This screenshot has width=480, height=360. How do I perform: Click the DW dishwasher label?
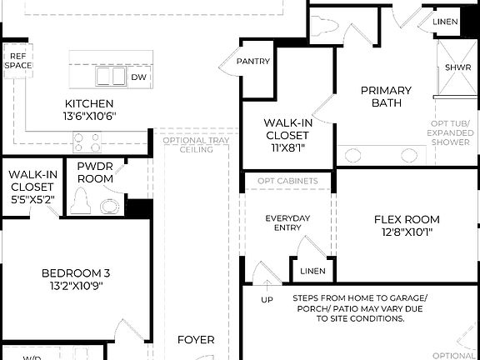[x=139, y=76]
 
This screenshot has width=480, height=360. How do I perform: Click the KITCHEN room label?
[x=89, y=104]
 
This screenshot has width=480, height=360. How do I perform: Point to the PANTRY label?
[x=252, y=61]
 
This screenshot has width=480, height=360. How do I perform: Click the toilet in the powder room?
[x=81, y=200]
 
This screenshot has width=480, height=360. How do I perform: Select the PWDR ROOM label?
[x=95, y=172]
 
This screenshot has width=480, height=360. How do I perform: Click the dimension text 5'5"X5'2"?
[x=32, y=200]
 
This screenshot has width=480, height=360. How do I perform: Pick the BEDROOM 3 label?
[x=76, y=272]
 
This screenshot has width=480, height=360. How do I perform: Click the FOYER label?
[x=196, y=340]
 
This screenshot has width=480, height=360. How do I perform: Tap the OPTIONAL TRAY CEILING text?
[x=195, y=145]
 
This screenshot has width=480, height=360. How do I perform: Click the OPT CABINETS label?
[x=287, y=181]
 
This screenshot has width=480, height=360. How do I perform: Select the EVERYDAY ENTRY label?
[x=287, y=223]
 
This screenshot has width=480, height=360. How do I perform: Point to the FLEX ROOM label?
[x=407, y=220]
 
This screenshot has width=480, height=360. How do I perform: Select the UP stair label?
[x=267, y=299]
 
